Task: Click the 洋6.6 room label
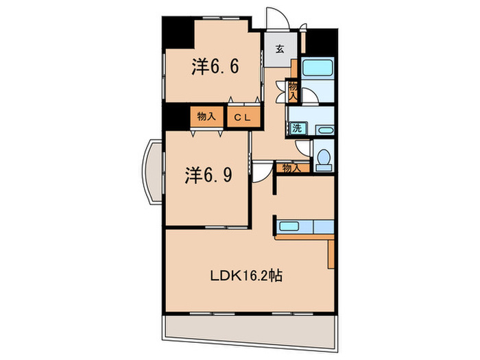215,67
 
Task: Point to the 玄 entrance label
280,49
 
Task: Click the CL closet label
243,117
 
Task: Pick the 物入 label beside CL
206,117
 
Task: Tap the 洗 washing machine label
296,128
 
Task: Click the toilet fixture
322,158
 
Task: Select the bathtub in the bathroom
317,69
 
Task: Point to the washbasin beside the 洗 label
324,129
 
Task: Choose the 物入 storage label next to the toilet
291,167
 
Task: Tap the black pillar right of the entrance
320,42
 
